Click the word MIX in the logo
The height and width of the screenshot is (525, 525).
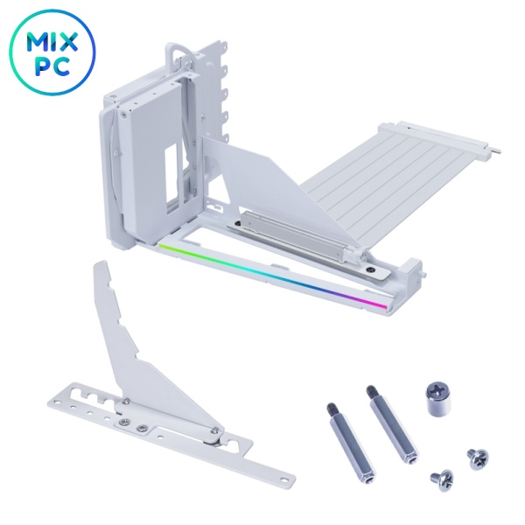[x=52, y=41]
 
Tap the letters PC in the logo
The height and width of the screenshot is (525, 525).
[x=52, y=66]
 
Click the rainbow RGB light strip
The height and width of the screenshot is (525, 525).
[x=272, y=275]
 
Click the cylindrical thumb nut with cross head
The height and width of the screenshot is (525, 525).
[x=437, y=399]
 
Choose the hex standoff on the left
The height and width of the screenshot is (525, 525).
[x=350, y=442]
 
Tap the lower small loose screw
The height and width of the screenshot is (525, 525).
[x=442, y=480]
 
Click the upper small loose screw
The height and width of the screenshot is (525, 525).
[x=478, y=458]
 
